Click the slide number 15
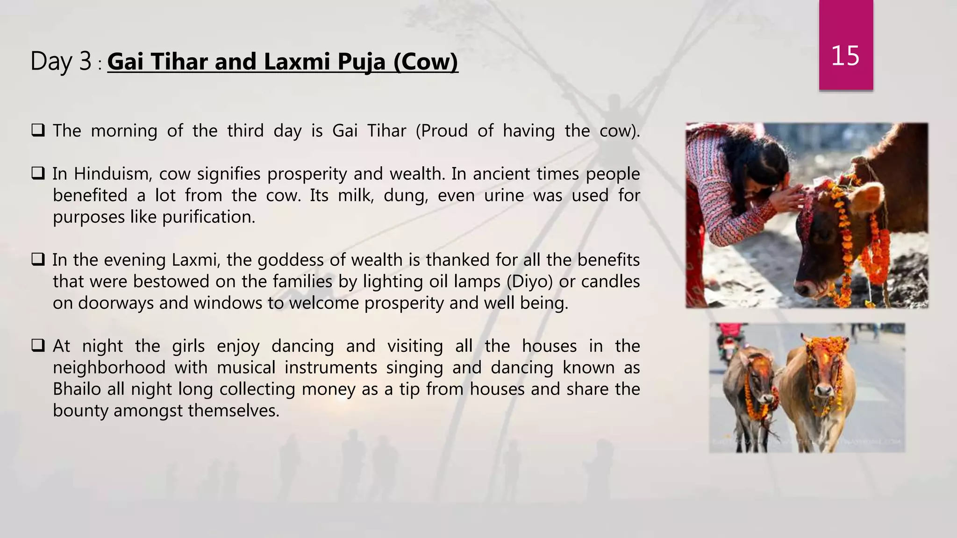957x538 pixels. point(845,56)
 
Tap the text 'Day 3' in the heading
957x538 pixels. point(61,62)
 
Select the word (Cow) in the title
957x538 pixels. point(426,62)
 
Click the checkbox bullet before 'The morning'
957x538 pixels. point(38,130)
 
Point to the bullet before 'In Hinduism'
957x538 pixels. point(38,174)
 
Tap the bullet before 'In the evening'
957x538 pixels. point(38,260)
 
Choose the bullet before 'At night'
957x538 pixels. point(38,346)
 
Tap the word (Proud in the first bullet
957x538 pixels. point(442,131)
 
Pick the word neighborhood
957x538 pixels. point(109,368)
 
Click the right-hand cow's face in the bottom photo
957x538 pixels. point(824,374)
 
